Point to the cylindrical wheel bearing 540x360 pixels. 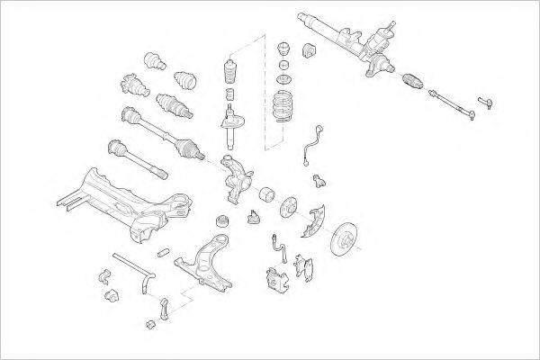pyautogui.click(x=267, y=194)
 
